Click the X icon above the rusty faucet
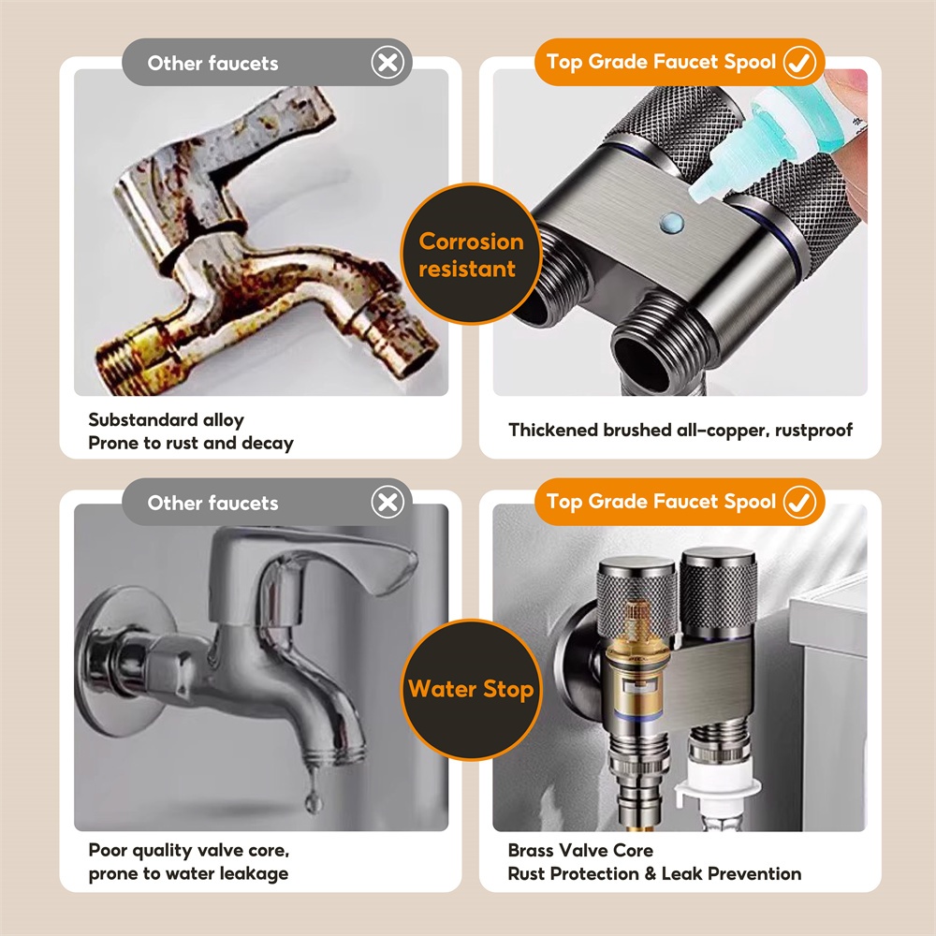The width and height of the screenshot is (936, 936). [x=388, y=62]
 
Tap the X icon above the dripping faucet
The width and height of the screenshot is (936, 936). [x=388, y=502]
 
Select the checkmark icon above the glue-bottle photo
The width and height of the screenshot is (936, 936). [x=800, y=62]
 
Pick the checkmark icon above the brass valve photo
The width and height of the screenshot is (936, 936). [x=800, y=502]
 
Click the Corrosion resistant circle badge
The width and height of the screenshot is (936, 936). [x=471, y=255]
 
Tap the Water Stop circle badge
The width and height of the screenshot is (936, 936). [x=471, y=690]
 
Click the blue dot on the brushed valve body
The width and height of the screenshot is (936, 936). [x=672, y=224]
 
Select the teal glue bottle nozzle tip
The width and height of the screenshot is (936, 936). [x=699, y=190]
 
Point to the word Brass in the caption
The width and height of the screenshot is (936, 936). [x=530, y=850]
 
